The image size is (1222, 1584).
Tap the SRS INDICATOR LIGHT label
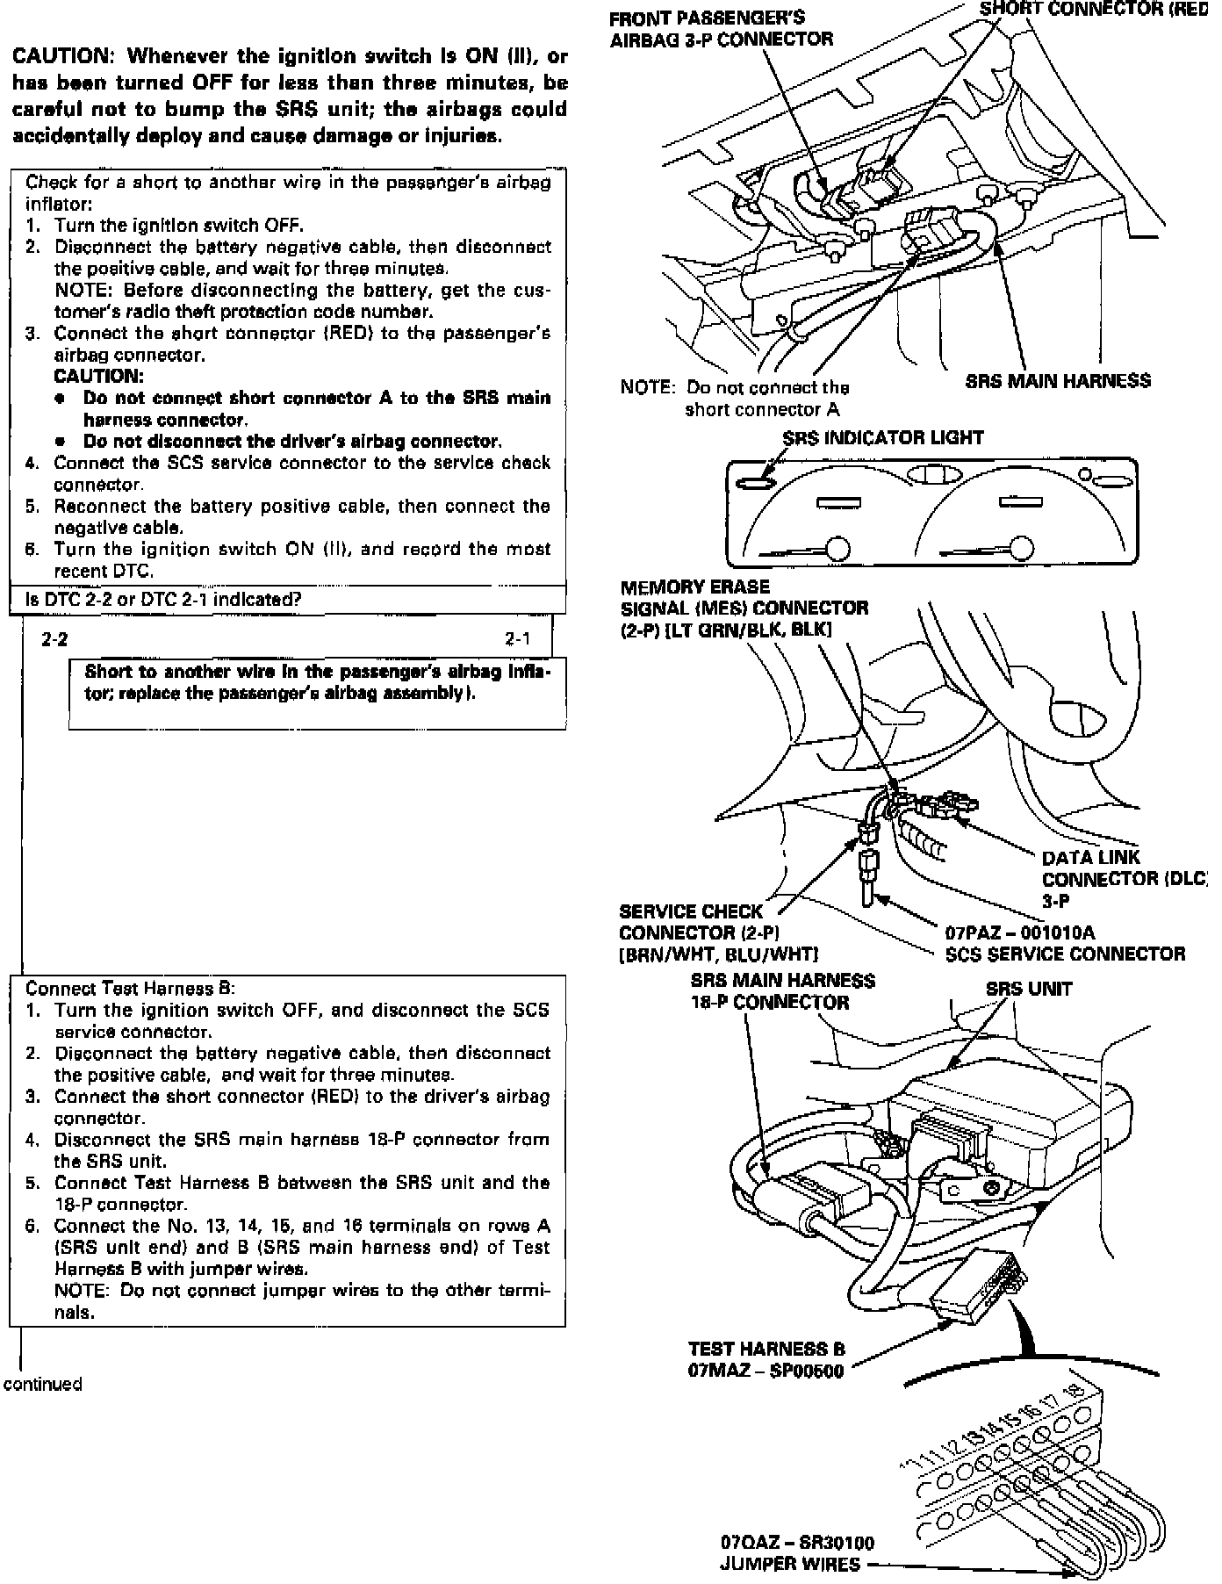pyautogui.click(x=882, y=437)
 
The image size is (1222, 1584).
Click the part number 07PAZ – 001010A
pyautogui.click(x=1019, y=932)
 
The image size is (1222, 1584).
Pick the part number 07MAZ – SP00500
pyautogui.click(x=766, y=1370)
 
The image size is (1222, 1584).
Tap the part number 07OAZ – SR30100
pyautogui.click(x=797, y=1542)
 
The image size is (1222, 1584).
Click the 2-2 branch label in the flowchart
pyautogui.click(x=54, y=639)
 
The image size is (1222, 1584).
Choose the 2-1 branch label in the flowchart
pyautogui.click(x=518, y=639)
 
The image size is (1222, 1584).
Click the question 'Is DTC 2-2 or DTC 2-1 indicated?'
pyautogui.click(x=164, y=600)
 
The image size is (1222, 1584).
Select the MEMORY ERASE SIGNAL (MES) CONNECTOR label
pyautogui.click(x=744, y=608)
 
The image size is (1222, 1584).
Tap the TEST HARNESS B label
pyautogui.click(x=766, y=1349)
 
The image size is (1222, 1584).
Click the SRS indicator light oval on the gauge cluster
pyautogui.click(x=755, y=482)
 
